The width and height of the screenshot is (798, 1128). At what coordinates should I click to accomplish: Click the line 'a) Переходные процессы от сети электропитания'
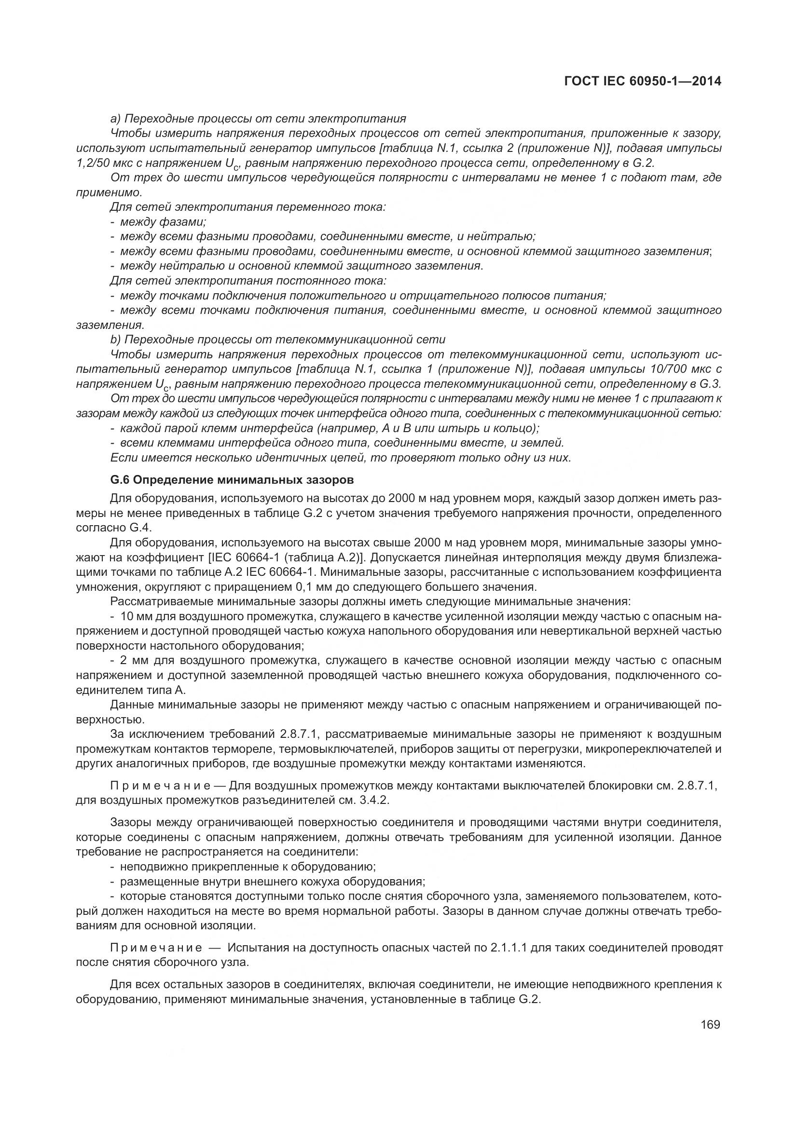[258, 119]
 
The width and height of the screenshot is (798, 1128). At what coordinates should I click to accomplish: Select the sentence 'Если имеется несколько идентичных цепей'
[341, 458]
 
